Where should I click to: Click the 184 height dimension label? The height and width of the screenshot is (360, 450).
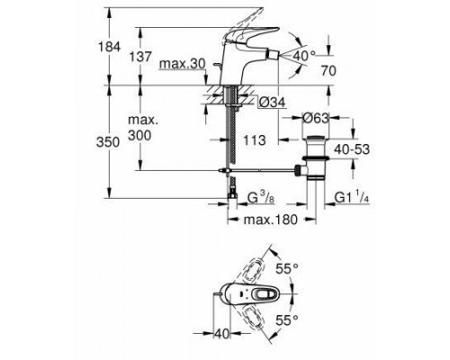(109, 47)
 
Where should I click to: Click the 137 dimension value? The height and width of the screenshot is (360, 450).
(140, 57)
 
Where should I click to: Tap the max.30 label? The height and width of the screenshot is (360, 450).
(183, 64)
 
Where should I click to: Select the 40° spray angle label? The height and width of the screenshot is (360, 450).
(304, 55)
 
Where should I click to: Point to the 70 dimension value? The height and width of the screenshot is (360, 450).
(328, 71)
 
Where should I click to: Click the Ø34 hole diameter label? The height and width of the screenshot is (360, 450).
(272, 103)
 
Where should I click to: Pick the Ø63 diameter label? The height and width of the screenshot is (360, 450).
(316, 118)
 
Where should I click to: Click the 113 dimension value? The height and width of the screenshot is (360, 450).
(255, 140)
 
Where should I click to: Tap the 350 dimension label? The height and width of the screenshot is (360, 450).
(108, 142)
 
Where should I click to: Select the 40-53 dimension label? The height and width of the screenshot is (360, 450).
(352, 149)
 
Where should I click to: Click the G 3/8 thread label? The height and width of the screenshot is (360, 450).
(261, 197)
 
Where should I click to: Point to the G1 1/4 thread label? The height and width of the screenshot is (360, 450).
(352, 197)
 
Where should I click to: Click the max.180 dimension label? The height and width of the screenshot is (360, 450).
(271, 220)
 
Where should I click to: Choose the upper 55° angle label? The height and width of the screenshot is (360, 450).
(287, 269)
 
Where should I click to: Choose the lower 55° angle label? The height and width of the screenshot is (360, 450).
(287, 320)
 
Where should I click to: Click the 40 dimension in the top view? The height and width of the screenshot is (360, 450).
(222, 334)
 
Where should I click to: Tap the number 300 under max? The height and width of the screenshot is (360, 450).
(139, 136)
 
